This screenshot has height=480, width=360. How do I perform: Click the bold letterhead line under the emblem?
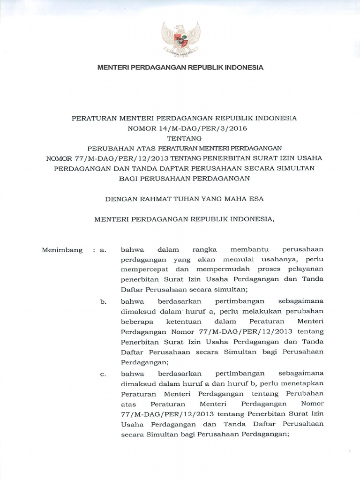180,67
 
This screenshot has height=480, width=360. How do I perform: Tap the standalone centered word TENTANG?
180,138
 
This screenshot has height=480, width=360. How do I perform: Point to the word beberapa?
136,322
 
